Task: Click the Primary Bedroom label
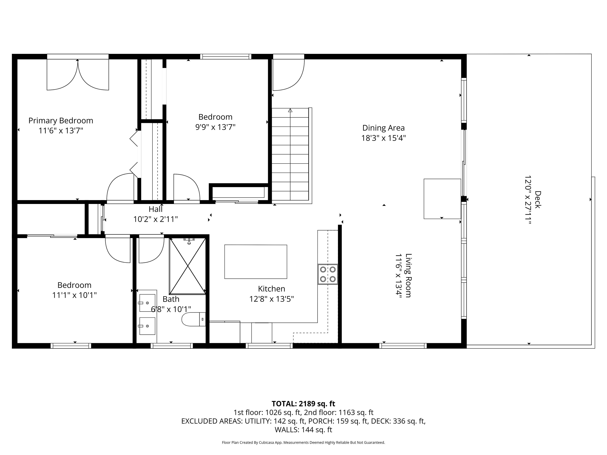[61, 121]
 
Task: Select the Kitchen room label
[271, 289]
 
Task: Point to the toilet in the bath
[193, 319]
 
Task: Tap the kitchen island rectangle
[256, 262]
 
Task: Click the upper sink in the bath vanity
[147, 303]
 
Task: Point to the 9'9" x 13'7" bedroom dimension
[215, 127]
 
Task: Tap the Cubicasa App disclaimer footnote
[303, 442]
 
